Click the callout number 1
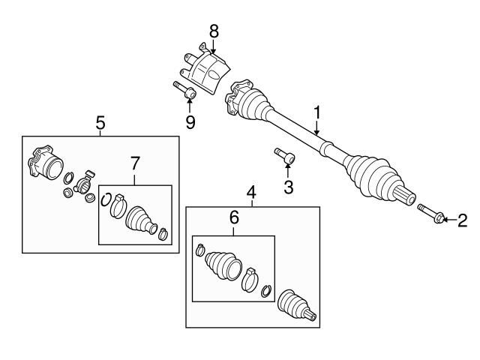pos(317,112)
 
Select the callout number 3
pos(288,186)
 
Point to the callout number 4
pos(252,190)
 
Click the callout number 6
pos(233,217)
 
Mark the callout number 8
pos(214,31)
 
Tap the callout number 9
pos(190,121)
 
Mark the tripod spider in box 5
pos(83,180)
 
